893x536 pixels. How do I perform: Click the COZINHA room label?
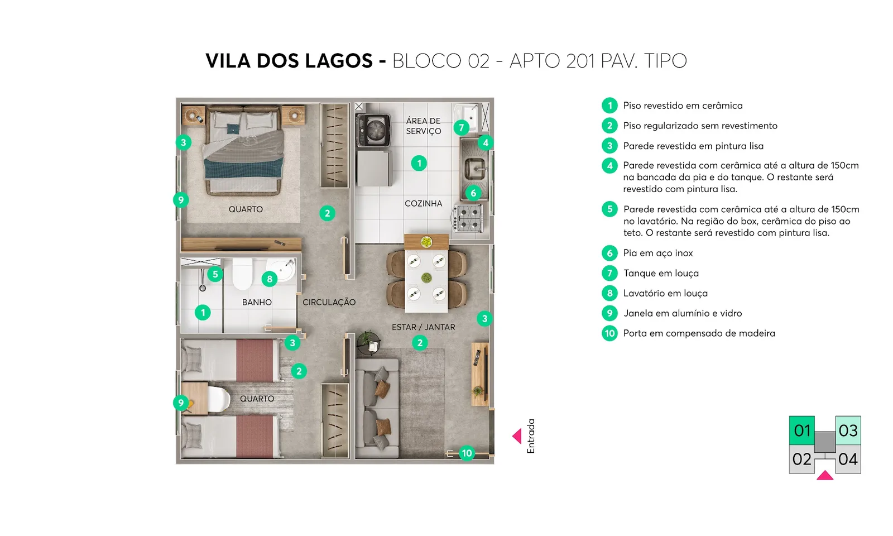pyautogui.click(x=424, y=203)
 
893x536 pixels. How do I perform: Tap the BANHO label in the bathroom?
pyautogui.click(x=257, y=302)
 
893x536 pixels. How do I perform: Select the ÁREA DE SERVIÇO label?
pyautogui.click(x=424, y=126)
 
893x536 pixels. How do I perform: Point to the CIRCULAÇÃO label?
pyautogui.click(x=329, y=302)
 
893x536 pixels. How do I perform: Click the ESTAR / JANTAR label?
pyautogui.click(x=424, y=327)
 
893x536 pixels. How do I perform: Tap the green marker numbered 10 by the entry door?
pyautogui.click(x=467, y=453)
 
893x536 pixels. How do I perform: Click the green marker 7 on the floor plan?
pyautogui.click(x=461, y=128)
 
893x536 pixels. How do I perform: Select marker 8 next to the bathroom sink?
pyautogui.click(x=270, y=279)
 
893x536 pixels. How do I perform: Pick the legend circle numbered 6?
pyautogui.click(x=609, y=253)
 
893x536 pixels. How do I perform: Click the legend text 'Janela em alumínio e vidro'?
pyautogui.click(x=683, y=313)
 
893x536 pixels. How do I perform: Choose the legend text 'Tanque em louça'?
pyautogui.click(x=661, y=273)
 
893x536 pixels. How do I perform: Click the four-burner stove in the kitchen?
pyautogui.click(x=468, y=218)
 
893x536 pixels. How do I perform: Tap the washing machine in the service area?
pyautogui.click(x=373, y=130)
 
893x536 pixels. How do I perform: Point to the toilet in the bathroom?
pyautogui.click(x=242, y=274)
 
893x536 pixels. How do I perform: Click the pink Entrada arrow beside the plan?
pyautogui.click(x=517, y=436)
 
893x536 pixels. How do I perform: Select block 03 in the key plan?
pyautogui.click(x=848, y=430)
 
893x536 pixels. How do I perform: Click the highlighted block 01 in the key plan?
pyautogui.click(x=801, y=430)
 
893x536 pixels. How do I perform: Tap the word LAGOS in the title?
pyautogui.click(x=338, y=61)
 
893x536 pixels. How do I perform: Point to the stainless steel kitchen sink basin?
pyautogui.click(x=475, y=168)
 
